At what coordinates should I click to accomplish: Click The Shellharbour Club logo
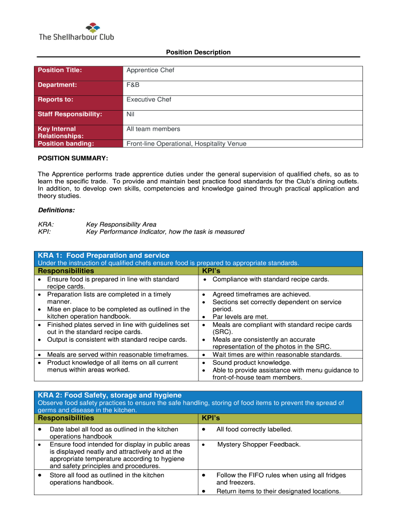pos(76,31)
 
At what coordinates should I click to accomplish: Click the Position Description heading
pos(198,52)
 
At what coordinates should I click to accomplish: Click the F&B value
pos(133,85)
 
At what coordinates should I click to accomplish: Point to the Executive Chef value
pos(149,99)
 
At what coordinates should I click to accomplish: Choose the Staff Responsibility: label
pos(70,114)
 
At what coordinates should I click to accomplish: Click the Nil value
pos(130,114)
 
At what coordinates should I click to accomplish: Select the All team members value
pos(154,129)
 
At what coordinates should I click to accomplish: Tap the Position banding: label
pos(66,144)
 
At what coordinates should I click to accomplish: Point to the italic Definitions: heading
pos(56,210)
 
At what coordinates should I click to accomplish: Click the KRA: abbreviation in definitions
pos(46,224)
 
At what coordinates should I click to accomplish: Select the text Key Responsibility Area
pos(121,224)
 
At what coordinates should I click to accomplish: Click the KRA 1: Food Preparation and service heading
pos(104,255)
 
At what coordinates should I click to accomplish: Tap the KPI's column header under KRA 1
pos(212,271)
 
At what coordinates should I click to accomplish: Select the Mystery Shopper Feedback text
pos(259,444)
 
